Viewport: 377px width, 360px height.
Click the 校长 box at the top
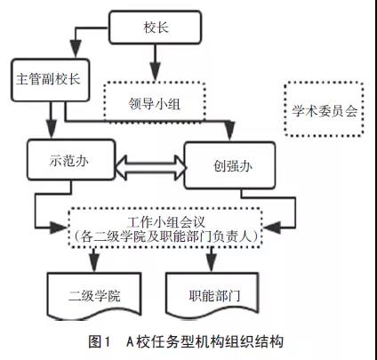(156, 28)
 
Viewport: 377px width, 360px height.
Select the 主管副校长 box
(51, 80)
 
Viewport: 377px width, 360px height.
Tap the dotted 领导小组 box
(155, 101)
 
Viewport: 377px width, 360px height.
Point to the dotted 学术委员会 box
(324, 109)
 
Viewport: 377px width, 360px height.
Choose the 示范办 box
(71, 160)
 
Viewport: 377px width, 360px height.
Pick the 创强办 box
(229, 165)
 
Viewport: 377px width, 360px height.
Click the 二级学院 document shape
(94, 296)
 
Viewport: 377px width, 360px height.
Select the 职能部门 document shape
(212, 294)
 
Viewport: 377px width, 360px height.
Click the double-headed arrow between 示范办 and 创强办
(149, 167)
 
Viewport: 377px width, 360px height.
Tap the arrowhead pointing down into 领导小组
(155, 71)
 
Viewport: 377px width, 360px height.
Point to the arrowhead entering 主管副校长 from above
(76, 49)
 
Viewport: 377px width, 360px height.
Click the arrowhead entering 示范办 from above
(52, 129)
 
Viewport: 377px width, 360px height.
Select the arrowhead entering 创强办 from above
(229, 131)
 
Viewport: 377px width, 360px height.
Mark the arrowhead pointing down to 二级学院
(93, 263)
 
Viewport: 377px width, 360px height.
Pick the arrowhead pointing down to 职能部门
(211, 262)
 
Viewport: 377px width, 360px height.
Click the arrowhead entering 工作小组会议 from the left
(58, 228)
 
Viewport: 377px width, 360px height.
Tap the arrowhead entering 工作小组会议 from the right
(272, 228)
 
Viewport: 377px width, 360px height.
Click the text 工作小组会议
(166, 222)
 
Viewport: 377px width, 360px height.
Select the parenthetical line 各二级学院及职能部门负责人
(166, 236)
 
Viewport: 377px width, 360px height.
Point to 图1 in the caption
(99, 341)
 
